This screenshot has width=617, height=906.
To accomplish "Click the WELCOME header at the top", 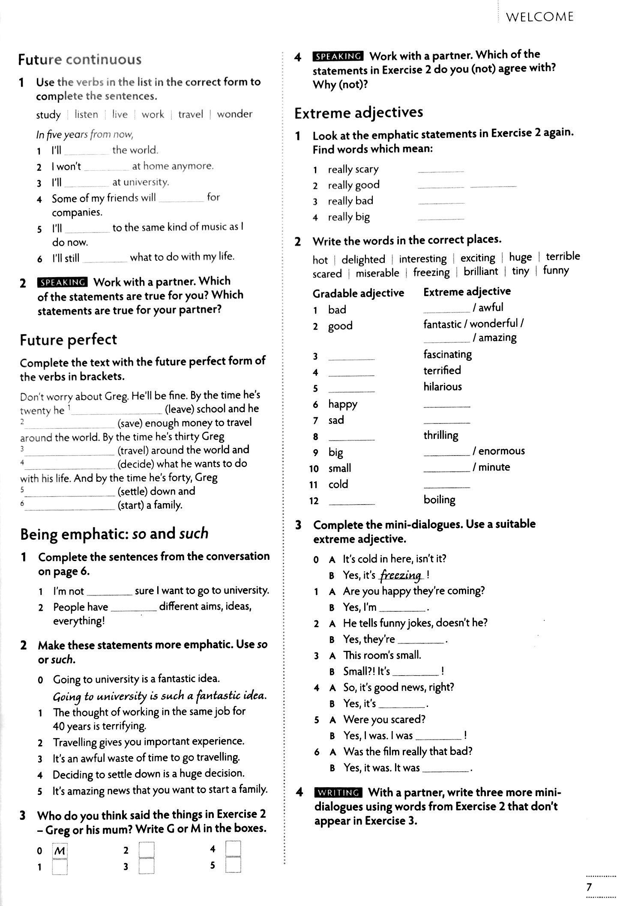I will click(x=539, y=17).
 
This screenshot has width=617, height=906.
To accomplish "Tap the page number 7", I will click(x=589, y=887).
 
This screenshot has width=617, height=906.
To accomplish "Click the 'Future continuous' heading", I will click(x=80, y=59).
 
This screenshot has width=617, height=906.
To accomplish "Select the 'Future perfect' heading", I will click(x=68, y=339).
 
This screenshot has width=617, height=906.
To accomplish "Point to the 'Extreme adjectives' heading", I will click(x=359, y=112).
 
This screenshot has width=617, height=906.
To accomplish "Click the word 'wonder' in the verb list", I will click(x=234, y=114).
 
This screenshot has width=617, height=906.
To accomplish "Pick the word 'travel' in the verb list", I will click(x=191, y=115).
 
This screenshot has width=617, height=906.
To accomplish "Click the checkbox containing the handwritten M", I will click(x=60, y=852).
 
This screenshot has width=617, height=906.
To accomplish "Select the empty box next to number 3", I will click(x=147, y=866).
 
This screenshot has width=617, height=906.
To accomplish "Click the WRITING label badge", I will click(x=338, y=792).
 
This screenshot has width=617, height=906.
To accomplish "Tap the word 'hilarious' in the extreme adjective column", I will click(x=443, y=387).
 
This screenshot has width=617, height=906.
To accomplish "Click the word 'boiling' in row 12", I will click(x=439, y=499).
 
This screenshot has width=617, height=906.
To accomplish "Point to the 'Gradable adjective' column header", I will click(x=358, y=293).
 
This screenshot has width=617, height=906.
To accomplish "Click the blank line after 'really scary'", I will click(x=440, y=170).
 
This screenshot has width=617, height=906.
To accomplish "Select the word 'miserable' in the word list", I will click(x=377, y=273).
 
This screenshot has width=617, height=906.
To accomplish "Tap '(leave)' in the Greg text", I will click(x=179, y=409).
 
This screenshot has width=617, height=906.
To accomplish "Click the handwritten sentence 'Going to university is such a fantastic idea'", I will click(x=159, y=696).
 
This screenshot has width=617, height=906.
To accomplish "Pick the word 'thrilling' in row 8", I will click(x=441, y=435).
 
